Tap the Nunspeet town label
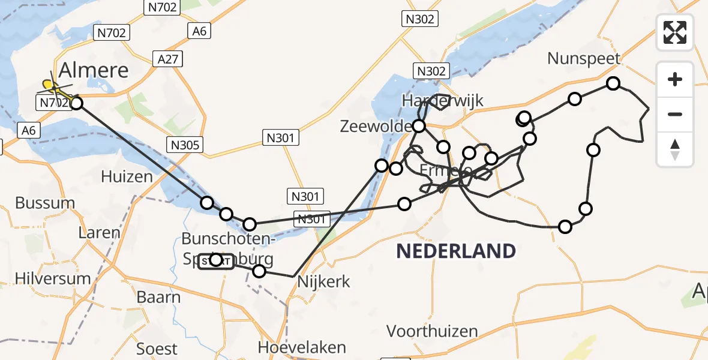[584, 58]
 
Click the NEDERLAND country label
[456, 251]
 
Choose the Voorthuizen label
[432, 331]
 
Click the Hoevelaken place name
[302, 347]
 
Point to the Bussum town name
[45, 202]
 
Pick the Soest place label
[157, 349]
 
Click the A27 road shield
[167, 59]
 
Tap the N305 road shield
[185, 145]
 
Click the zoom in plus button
[675, 79]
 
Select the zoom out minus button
[675, 114]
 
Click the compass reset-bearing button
[675, 149]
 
